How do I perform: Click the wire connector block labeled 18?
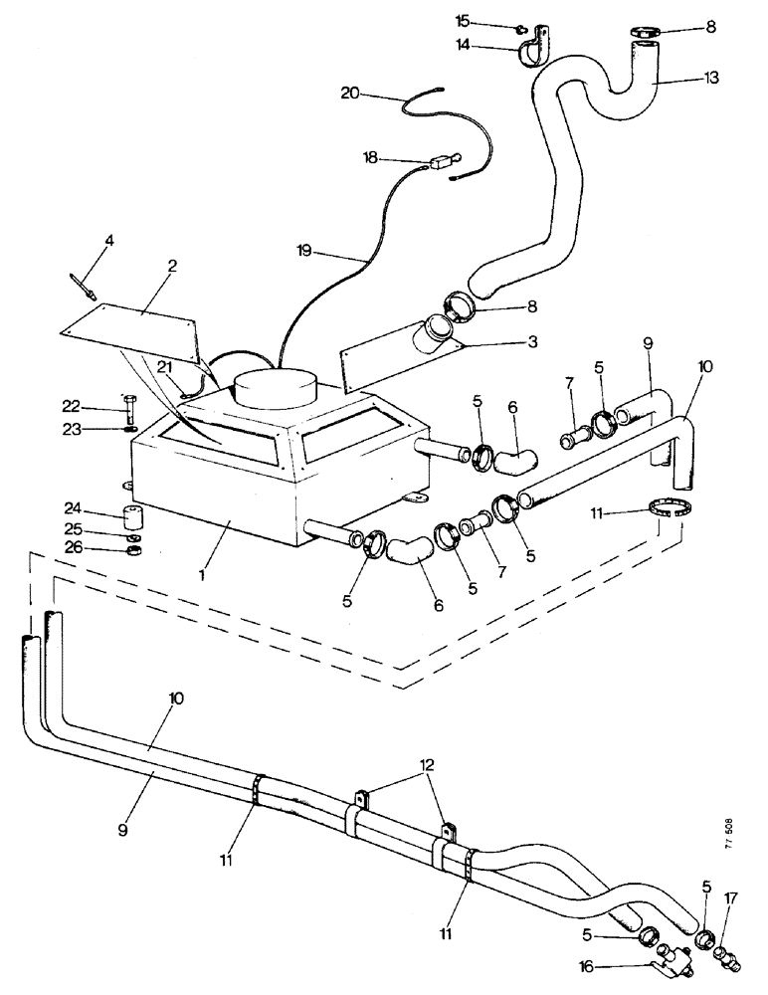click(x=442, y=159)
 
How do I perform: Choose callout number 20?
click(x=349, y=93)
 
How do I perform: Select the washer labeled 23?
click(x=130, y=430)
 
